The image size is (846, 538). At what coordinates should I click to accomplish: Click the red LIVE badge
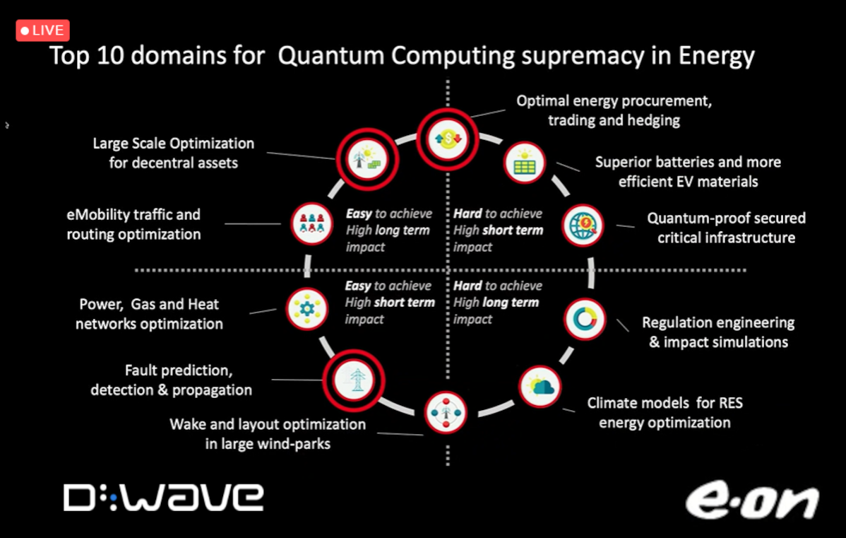click(x=42, y=31)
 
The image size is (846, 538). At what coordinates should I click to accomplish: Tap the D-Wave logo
click(x=164, y=497)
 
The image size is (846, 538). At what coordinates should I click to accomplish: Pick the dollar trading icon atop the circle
click(x=448, y=139)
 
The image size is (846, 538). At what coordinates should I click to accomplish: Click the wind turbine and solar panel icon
click(x=367, y=159)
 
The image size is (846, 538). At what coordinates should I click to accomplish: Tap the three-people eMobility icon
click(x=312, y=223)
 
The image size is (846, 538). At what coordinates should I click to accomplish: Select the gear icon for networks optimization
click(x=307, y=309)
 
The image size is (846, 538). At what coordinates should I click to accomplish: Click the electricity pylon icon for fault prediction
click(x=354, y=380)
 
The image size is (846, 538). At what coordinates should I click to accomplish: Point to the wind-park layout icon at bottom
click(x=446, y=413)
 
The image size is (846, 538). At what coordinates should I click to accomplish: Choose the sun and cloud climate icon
click(x=540, y=387)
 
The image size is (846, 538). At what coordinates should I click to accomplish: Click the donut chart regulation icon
click(x=585, y=320)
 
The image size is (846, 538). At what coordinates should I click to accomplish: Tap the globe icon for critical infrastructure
click(x=583, y=226)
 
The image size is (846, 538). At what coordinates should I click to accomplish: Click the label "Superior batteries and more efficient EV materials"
click(x=688, y=172)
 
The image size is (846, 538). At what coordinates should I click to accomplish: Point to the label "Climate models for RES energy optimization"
click(x=665, y=413)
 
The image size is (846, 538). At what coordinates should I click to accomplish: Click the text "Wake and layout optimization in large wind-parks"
click(x=268, y=434)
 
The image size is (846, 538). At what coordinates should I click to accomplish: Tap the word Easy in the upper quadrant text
click(x=359, y=214)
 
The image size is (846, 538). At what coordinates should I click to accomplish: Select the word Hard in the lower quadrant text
click(x=467, y=286)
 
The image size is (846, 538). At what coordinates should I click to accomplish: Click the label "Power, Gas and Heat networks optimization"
click(x=149, y=314)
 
